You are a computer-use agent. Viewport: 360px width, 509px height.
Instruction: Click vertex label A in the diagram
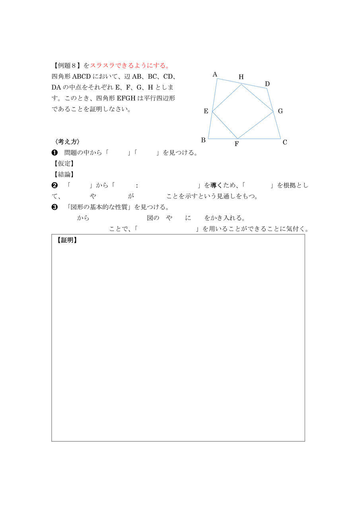pyautogui.click(x=215, y=74)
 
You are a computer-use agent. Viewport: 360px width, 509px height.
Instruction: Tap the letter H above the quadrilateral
pyautogui.click(x=241, y=77)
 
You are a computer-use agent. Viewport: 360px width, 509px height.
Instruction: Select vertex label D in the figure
pyautogui.click(x=267, y=84)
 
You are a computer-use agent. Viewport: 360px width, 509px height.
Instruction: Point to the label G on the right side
pyautogui.click(x=280, y=111)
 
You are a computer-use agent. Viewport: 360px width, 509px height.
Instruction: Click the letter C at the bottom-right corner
pyautogui.click(x=285, y=142)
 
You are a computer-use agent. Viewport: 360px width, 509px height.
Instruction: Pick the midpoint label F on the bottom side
pyautogui.click(x=237, y=144)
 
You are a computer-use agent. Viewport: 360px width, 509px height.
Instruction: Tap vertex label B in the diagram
pyautogui.click(x=203, y=140)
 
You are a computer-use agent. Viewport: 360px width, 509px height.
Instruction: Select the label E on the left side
pyautogui.click(x=206, y=111)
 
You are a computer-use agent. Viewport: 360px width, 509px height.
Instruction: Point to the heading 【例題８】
pyautogui.click(x=66, y=65)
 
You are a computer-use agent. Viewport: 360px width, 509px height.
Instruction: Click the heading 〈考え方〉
pyautogui.click(x=68, y=142)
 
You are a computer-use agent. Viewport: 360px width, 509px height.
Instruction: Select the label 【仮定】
pyautogui.click(x=64, y=163)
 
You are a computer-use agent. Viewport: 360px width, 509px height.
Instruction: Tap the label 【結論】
pyautogui.click(x=64, y=174)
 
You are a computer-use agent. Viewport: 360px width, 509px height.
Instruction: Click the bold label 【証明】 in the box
pyautogui.click(x=66, y=240)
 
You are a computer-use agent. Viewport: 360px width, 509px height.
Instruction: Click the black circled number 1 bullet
pyautogui.click(x=55, y=153)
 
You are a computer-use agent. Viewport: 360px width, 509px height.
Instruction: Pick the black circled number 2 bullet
pyautogui.click(x=55, y=185)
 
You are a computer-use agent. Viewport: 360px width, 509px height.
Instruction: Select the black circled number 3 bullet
pyautogui.click(x=55, y=207)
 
